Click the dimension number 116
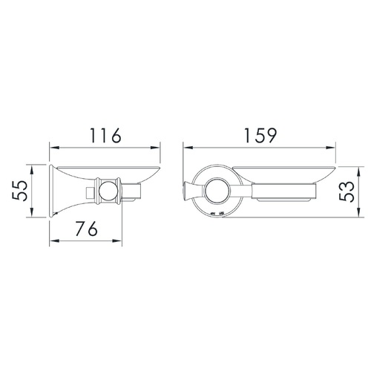105,136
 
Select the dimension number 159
260,136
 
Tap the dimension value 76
87,229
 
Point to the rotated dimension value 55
19,191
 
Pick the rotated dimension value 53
347,192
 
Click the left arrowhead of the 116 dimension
55,148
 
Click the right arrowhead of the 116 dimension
155,148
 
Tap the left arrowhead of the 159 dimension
188,148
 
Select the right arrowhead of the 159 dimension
330,148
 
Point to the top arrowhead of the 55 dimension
32,171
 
